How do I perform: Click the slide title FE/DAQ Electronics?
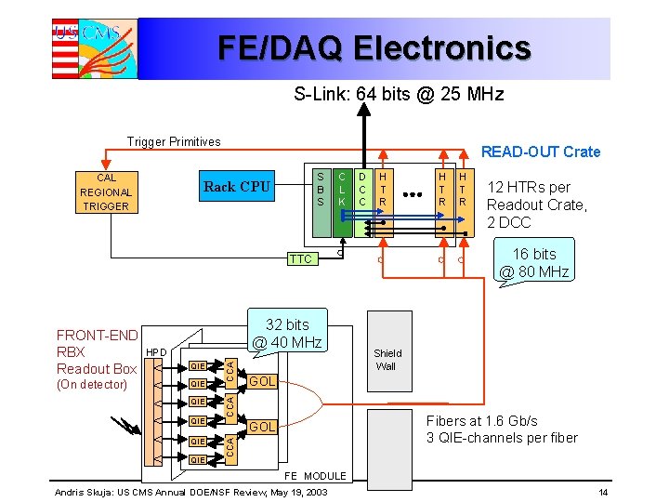point(374,47)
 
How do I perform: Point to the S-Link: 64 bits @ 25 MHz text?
point(399,94)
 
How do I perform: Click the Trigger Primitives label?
point(174,142)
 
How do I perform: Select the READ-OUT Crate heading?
point(540,152)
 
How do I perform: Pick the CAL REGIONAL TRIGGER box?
point(106,192)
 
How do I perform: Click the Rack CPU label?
point(237,187)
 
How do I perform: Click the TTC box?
point(301,259)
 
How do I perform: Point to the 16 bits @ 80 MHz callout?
point(533,263)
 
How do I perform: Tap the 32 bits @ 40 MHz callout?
point(287,334)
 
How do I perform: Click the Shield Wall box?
point(387,359)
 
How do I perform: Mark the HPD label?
point(156,353)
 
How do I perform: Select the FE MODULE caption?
point(315,476)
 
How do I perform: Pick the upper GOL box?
point(262,381)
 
